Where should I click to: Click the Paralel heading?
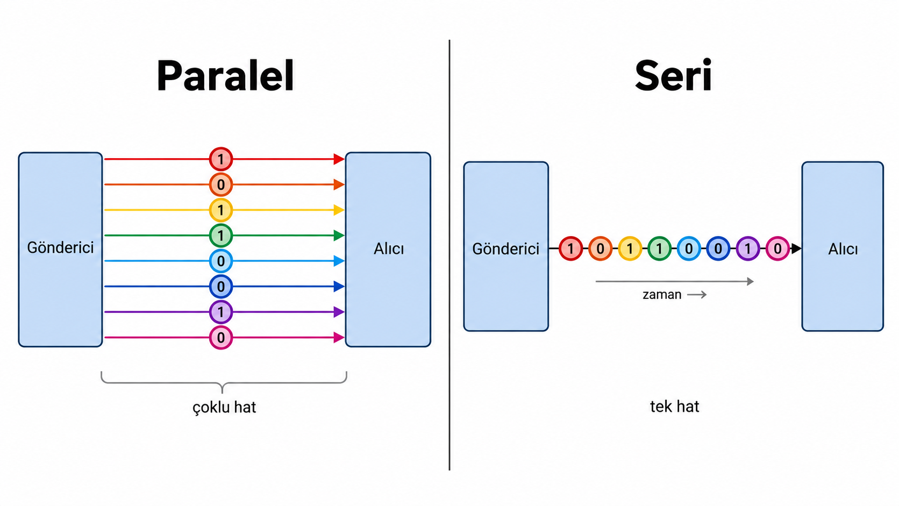(225, 76)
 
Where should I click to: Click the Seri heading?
(673, 76)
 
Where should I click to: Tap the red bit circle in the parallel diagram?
(221, 159)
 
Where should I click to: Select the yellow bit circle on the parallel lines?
(221, 210)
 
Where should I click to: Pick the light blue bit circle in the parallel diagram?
(221, 261)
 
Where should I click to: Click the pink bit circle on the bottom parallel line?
(221, 338)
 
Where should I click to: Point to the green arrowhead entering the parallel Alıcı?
(339, 236)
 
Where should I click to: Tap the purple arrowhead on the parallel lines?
(339, 312)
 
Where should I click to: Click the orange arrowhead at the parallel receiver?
(339, 184)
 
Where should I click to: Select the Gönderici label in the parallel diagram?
(60, 247)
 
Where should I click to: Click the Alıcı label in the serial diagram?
(843, 249)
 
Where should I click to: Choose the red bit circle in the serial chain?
(570, 249)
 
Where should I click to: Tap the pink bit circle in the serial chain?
(777, 249)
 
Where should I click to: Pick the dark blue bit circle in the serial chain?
(718, 249)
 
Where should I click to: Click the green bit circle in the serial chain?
(659, 249)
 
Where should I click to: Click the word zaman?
(662, 295)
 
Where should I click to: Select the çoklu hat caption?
(224, 407)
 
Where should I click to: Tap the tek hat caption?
(674, 407)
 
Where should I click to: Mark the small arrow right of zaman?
(697, 295)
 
